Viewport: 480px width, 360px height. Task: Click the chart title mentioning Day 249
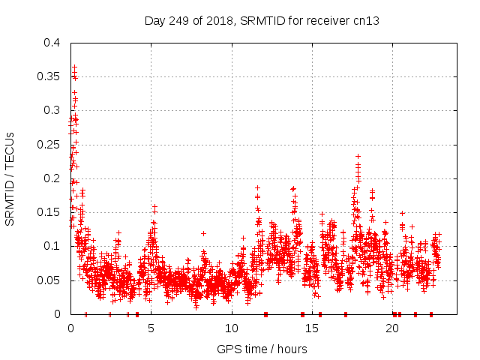pyautogui.click(x=261, y=20)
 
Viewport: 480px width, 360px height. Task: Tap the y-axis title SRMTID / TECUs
pyautogui.click(x=10, y=178)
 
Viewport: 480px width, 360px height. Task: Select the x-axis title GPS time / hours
pyautogui.click(x=261, y=349)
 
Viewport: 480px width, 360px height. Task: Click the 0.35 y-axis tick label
pyautogui.click(x=49, y=76)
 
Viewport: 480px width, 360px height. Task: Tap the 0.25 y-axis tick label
pyautogui.click(x=49, y=145)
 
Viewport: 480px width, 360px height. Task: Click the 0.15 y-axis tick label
pyautogui.click(x=49, y=212)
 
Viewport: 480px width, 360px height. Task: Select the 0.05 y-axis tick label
pyautogui.click(x=49, y=280)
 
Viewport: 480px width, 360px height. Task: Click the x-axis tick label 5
pyautogui.click(x=151, y=328)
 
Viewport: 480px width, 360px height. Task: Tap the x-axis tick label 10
pyautogui.click(x=231, y=328)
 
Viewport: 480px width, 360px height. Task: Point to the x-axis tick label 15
pyautogui.click(x=312, y=328)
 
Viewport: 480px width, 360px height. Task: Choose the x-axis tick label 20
pyautogui.click(x=392, y=328)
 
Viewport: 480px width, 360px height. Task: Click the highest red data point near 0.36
pyautogui.click(x=74, y=67)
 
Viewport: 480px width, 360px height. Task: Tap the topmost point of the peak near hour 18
pyautogui.click(x=358, y=157)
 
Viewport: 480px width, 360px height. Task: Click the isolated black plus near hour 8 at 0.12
pyautogui.click(x=203, y=233)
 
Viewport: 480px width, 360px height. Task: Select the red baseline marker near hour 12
pyautogui.click(x=265, y=314)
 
